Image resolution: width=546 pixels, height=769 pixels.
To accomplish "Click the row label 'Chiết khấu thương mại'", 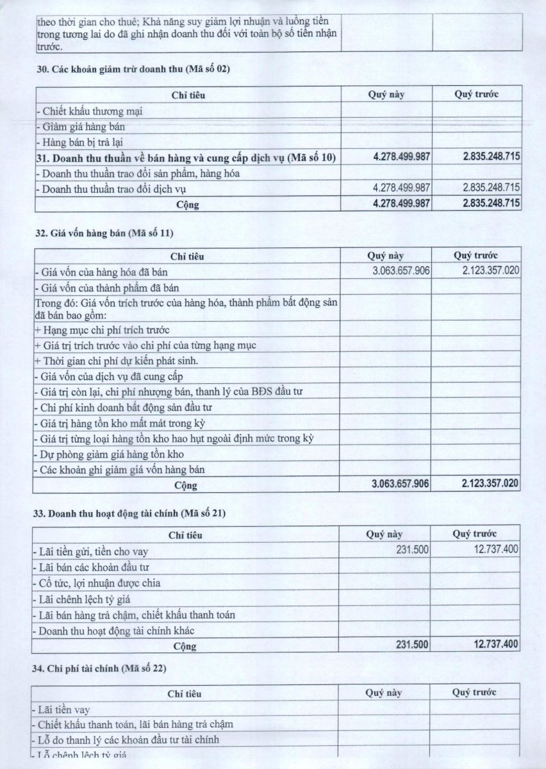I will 90,111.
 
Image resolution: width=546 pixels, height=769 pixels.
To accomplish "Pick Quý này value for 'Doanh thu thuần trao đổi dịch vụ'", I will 401,188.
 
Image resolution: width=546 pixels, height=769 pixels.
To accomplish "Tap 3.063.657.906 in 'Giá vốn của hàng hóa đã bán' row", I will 401,271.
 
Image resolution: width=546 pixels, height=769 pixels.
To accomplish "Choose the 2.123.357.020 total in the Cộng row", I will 489,484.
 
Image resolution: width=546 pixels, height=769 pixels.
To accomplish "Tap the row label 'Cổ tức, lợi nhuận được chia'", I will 99,583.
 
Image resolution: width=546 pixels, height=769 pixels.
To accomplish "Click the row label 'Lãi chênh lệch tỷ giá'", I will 85,599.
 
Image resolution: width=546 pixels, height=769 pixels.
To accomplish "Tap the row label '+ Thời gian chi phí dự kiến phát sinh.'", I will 117,361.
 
